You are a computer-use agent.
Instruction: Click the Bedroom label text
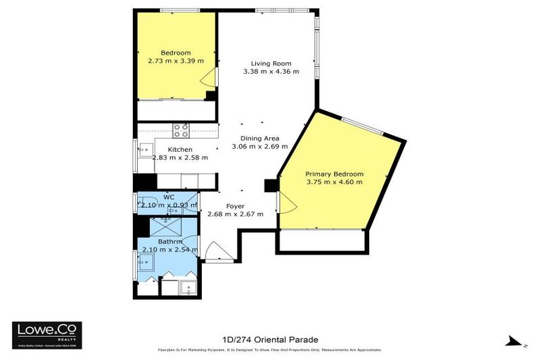coord(175,53)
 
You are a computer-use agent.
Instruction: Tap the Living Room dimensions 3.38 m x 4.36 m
coord(271,72)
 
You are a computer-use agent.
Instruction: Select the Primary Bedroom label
coord(334,174)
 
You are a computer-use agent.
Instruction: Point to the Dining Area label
coord(260,139)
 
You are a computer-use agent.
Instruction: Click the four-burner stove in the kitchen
coord(181,130)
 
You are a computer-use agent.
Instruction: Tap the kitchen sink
coord(146,149)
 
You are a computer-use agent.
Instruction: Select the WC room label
coord(169,197)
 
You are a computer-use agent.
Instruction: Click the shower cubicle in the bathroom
coord(166,226)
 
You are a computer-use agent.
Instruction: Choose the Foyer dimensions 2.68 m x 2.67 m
coord(236,214)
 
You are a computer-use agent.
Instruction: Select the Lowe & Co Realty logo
coord(46,333)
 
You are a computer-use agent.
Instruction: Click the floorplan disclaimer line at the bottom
coord(270,349)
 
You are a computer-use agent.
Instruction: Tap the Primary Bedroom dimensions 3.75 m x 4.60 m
coord(334,182)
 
